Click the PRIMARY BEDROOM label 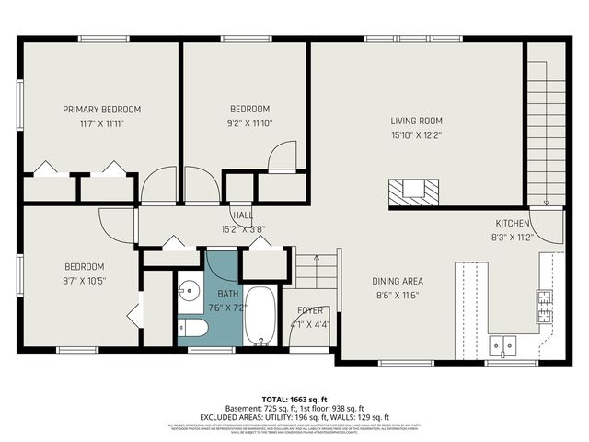point(101,109)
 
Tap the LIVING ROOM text point(416,121)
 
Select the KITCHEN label point(513,224)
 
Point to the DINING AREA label point(398,282)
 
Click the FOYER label point(309,311)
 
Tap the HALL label point(243,215)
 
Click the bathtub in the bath point(260,316)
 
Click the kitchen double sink point(502,345)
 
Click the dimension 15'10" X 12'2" point(416,135)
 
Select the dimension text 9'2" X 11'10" point(249,122)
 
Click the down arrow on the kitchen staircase point(546,202)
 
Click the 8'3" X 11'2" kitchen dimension point(513,236)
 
